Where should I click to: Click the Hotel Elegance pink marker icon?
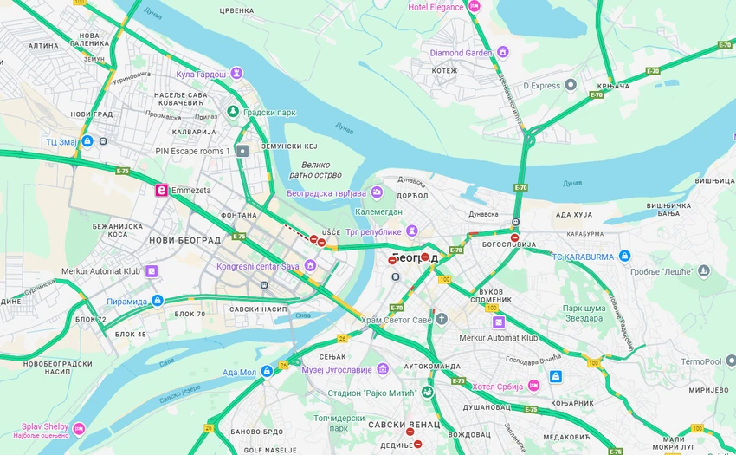click(x=475, y=7)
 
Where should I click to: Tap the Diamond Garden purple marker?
click(x=502, y=52)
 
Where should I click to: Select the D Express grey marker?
click(x=571, y=85)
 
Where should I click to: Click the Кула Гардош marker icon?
click(x=236, y=74)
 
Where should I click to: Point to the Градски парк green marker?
click(x=232, y=112)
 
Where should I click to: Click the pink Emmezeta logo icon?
click(x=160, y=191)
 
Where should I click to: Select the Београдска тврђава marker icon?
click(x=376, y=192)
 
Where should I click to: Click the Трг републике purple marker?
click(x=412, y=231)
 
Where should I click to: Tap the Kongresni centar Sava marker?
click(x=309, y=265)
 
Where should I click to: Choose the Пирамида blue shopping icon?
click(x=157, y=300)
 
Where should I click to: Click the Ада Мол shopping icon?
click(x=268, y=371)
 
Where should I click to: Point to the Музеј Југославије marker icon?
click(x=383, y=369)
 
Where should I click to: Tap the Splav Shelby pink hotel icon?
click(x=79, y=429)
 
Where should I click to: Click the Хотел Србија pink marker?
click(x=533, y=385)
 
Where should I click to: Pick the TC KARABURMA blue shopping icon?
click(x=624, y=256)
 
